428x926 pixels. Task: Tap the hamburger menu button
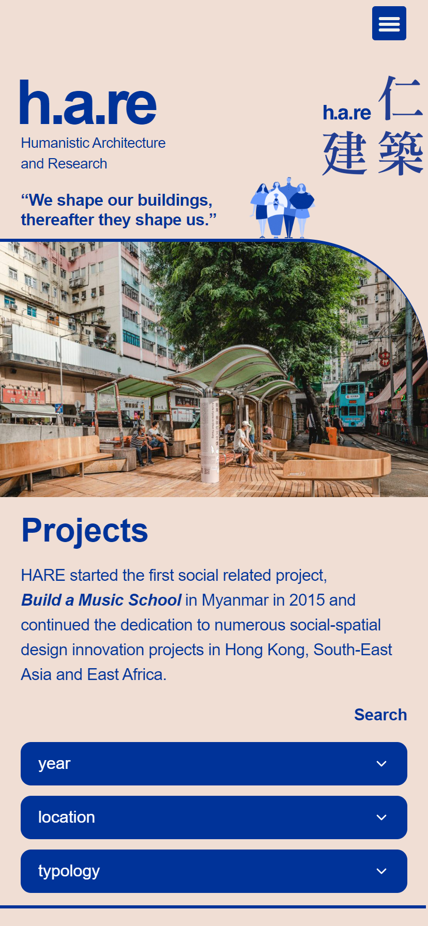coord(389,23)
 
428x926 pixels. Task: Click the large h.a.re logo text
coord(88,103)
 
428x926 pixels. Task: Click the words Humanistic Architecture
coord(93,143)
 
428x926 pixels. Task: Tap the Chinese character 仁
coord(400,98)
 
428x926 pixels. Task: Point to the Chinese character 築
coord(401,153)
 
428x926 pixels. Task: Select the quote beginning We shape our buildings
coord(118,210)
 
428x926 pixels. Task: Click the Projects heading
coord(85,530)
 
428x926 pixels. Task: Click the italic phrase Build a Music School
coord(101,600)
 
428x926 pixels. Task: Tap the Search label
coord(380,715)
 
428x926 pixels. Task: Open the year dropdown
coord(214,764)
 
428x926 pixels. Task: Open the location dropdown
coord(214,817)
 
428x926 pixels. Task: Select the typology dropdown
coord(214,871)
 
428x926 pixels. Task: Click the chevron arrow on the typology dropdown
coord(381,871)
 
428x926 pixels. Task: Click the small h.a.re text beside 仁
coord(347,113)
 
